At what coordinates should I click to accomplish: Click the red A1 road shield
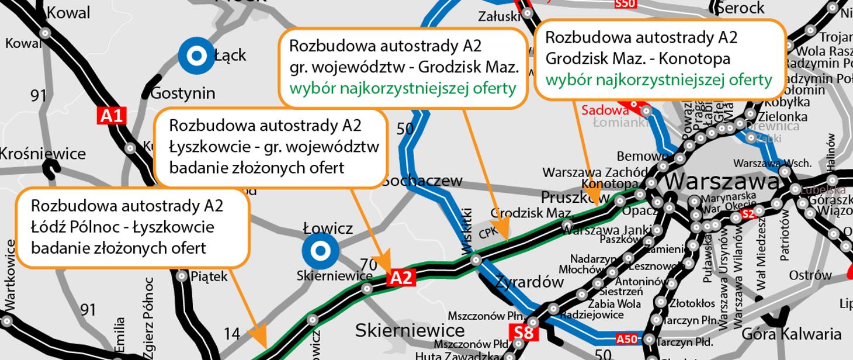[112, 116]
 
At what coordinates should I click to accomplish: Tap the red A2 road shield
[401, 278]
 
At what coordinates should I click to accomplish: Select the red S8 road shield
[524, 334]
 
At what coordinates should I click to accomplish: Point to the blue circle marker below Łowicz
[320, 251]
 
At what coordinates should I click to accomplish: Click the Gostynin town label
[182, 93]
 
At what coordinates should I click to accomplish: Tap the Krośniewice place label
[42, 154]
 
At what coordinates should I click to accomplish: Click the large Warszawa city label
[722, 181]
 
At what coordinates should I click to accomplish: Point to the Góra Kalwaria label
[792, 334]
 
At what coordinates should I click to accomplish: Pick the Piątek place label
[209, 276]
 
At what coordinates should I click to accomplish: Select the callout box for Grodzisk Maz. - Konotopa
[660, 58]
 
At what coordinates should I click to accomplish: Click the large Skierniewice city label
[410, 330]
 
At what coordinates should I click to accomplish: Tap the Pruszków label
[575, 196]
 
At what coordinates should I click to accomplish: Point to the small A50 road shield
[626, 339]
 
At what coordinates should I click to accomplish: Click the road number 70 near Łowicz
[369, 265]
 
